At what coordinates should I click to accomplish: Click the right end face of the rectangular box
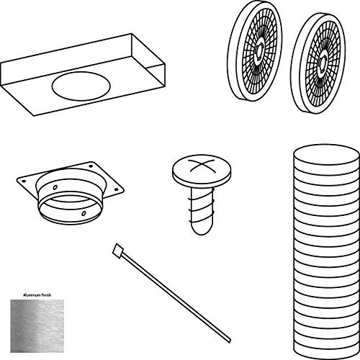pyautogui.click(x=159, y=76)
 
